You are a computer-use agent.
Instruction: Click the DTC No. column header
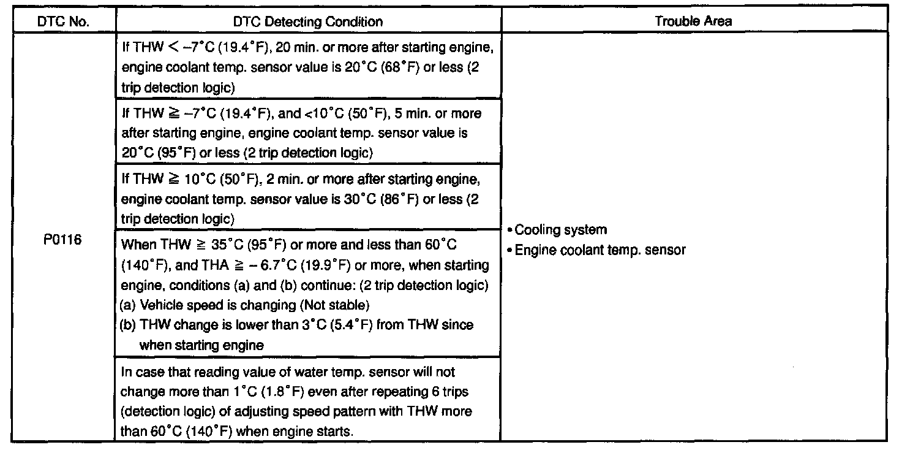click(63, 21)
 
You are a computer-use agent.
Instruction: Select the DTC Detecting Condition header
click(308, 21)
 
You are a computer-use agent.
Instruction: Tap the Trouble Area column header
click(693, 21)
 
